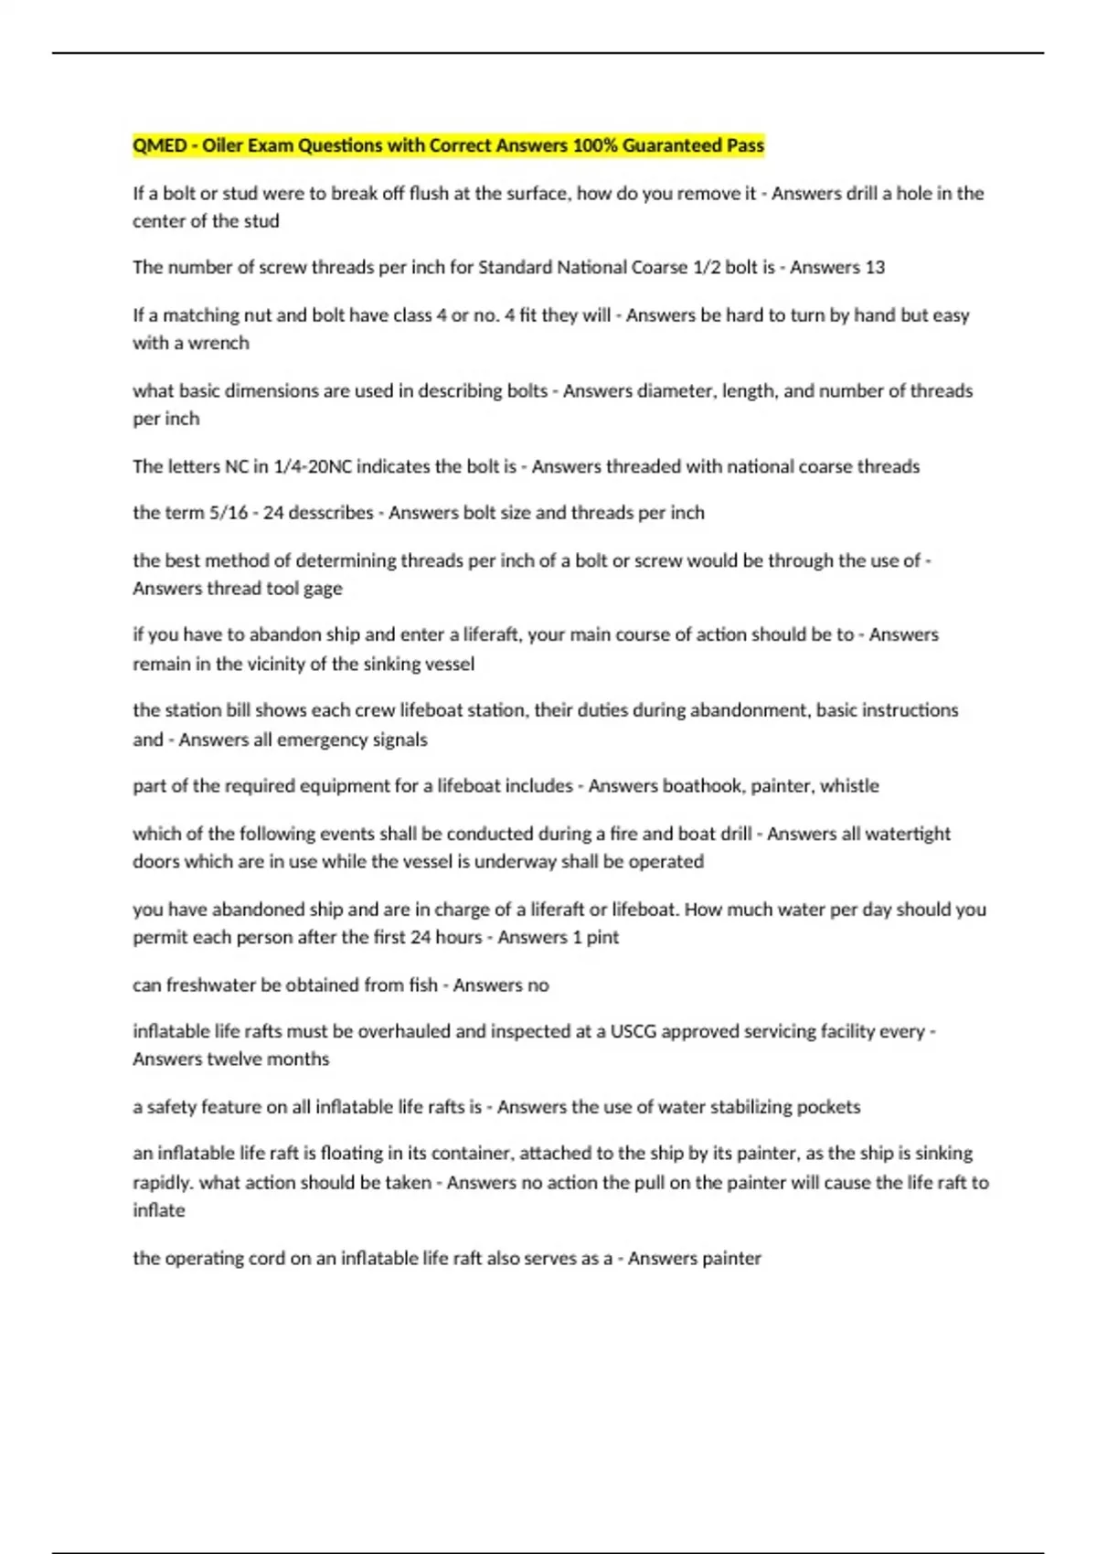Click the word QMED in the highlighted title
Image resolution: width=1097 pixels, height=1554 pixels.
(159, 145)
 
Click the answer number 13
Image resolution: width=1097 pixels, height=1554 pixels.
(875, 268)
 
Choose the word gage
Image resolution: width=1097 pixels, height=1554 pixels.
(323, 589)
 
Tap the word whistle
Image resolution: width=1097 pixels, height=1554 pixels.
(849, 786)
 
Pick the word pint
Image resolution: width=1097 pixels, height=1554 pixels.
(602, 938)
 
